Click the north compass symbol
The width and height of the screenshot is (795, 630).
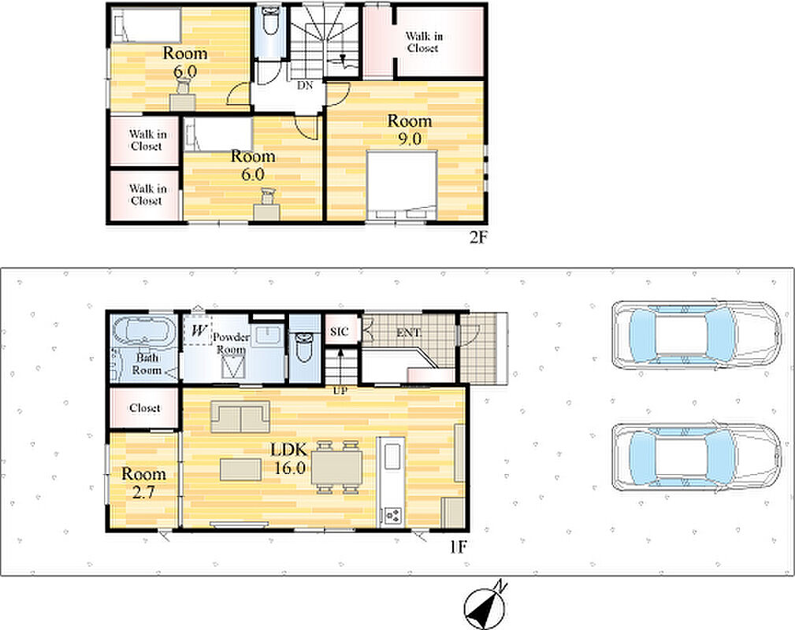coord(485,606)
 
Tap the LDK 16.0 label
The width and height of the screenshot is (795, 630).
coord(289,458)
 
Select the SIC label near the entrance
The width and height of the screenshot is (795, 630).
coord(339,332)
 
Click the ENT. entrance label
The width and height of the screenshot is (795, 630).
coord(409,332)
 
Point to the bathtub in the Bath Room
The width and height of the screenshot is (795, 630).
coord(143,332)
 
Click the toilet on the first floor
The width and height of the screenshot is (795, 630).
coord(304,347)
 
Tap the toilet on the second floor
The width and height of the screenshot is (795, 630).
coord(270,20)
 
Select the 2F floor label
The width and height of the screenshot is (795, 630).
coord(477,237)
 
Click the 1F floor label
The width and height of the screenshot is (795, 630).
coord(458,547)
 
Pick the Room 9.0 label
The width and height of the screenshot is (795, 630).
coord(410,129)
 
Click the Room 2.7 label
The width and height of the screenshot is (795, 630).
coord(143,483)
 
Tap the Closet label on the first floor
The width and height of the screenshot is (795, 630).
coord(144,407)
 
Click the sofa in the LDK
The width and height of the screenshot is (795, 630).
coord(240,416)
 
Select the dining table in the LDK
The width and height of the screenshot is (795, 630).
coord(336,467)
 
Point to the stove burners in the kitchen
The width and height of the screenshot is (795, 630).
coord(393,516)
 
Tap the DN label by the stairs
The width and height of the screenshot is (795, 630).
coord(305,86)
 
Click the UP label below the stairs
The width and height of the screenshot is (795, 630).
coord(339,391)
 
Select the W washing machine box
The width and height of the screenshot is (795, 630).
coord(199,331)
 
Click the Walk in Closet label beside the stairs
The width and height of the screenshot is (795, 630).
coord(423,42)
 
